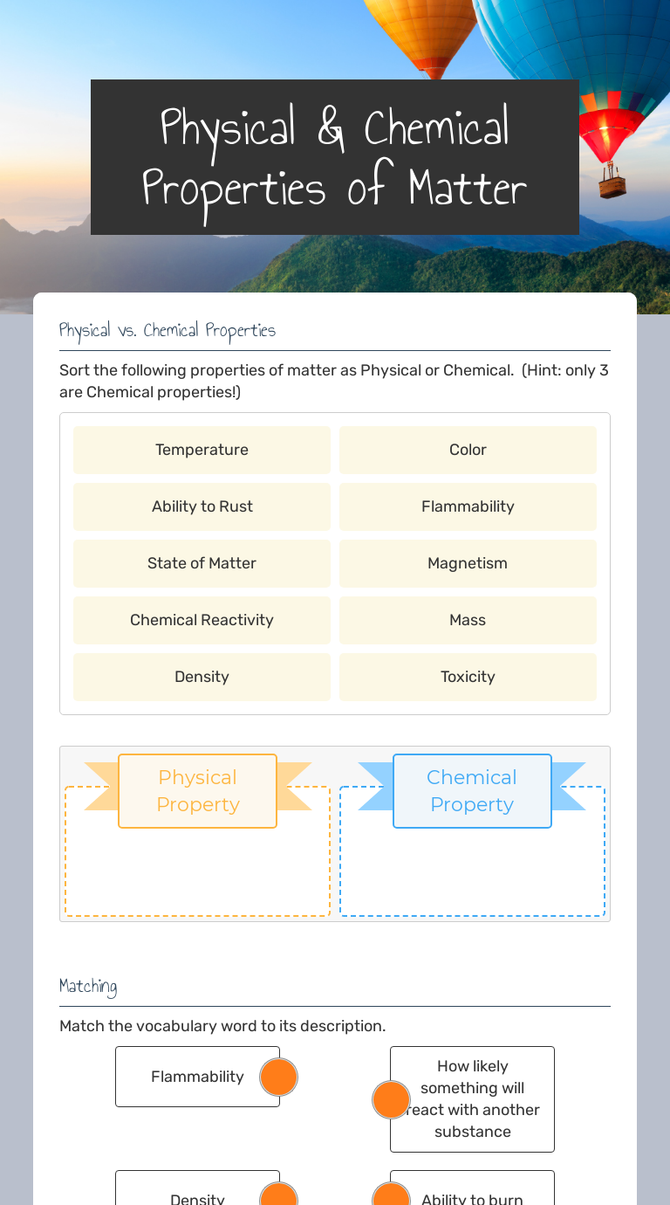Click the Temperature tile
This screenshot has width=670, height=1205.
pyautogui.click(x=202, y=450)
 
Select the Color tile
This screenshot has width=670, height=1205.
pyautogui.click(x=468, y=450)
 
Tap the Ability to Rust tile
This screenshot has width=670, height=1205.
pyautogui.click(x=202, y=506)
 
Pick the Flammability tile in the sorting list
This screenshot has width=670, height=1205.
pyautogui.click(x=468, y=506)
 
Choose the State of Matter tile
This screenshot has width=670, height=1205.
pyautogui.click(x=202, y=563)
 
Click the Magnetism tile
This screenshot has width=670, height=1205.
pyautogui.click(x=468, y=563)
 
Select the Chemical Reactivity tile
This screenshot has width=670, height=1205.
pyautogui.click(x=202, y=620)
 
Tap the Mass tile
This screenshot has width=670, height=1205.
pyautogui.click(x=468, y=620)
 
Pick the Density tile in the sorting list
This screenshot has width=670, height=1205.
pyautogui.click(x=202, y=677)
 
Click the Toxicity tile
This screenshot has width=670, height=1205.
pyautogui.click(x=468, y=677)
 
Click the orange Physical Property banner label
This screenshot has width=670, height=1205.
pyautogui.click(x=197, y=790)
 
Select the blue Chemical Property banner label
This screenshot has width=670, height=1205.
pyautogui.click(x=472, y=790)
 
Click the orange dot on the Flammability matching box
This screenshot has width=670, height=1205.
pyautogui.click(x=278, y=1077)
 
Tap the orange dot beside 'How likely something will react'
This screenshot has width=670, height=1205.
pyautogui.click(x=391, y=1099)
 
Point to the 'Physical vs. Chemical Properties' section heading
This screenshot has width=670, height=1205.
pyautogui.click(x=167, y=330)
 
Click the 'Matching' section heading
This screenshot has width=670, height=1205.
pyautogui.click(x=88, y=987)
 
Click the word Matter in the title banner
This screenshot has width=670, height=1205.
pyautogui.click(x=467, y=188)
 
